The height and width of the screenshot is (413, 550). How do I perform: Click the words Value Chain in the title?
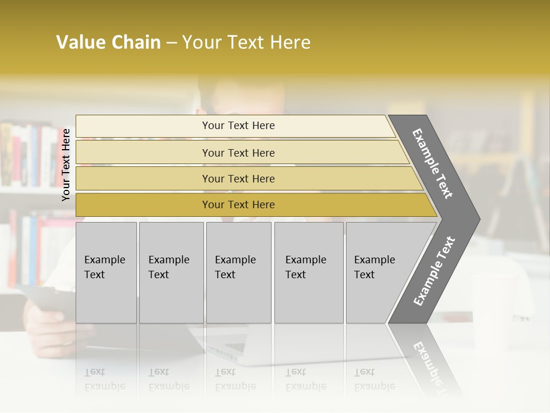coord(108,42)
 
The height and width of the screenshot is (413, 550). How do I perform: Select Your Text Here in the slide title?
coord(246,42)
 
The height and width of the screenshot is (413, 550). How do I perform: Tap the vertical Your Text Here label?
coord(66,165)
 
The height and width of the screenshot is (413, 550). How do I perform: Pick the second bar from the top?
coord(238,153)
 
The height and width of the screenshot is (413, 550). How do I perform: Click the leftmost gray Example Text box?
coord(106,272)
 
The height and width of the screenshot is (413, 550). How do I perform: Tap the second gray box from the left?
coord(171,272)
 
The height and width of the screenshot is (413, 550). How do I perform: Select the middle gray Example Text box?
coord(238,272)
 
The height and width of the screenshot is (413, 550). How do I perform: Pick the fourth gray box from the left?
coord(309,272)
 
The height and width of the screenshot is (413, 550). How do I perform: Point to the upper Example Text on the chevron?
coord(433,163)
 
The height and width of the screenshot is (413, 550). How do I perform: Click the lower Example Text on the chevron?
coord(434,271)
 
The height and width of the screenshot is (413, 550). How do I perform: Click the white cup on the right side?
coord(490,310)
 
